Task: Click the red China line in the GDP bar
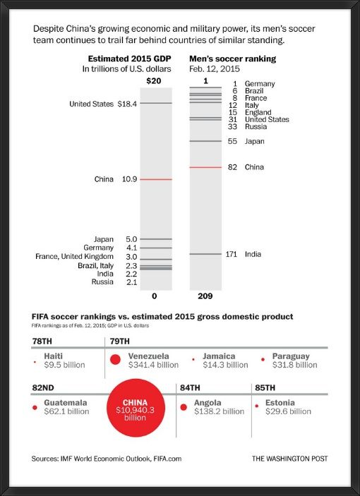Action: point(156,179)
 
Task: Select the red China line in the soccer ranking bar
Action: point(205,167)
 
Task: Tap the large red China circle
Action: point(136,408)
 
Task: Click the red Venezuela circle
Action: point(116,359)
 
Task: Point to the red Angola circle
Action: point(184,407)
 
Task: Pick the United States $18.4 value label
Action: point(127,104)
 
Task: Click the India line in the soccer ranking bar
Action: point(205,254)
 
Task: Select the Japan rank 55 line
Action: point(205,141)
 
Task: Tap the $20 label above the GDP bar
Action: point(154,81)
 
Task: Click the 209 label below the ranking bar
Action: point(205,296)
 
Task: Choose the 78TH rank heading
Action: point(42,341)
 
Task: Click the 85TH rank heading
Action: point(265,388)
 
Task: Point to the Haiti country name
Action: point(54,356)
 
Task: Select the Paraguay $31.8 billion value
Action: point(295,365)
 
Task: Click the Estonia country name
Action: point(280,403)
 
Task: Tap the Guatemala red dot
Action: point(35,407)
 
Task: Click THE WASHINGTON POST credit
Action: point(290,459)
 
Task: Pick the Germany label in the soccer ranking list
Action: point(260,84)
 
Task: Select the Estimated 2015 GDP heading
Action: point(129,59)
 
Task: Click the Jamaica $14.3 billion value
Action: point(226,365)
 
